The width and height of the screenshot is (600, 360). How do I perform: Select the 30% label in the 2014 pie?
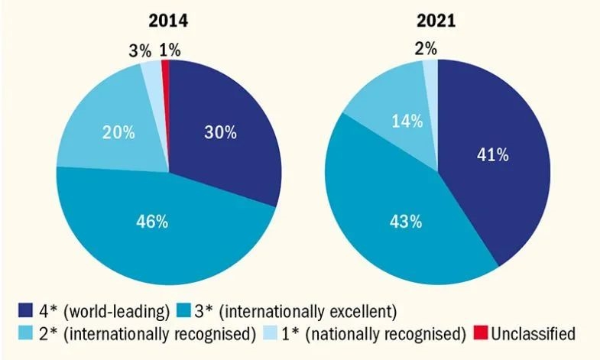coord(219,131)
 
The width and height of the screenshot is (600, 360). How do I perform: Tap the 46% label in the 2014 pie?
coord(151,222)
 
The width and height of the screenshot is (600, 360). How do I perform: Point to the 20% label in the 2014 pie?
coord(118,131)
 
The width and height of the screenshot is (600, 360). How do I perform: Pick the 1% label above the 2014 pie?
coord(170,50)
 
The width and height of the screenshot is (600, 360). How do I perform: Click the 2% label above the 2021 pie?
coord(426,49)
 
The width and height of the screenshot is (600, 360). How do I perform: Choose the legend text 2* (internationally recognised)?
coord(144,333)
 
